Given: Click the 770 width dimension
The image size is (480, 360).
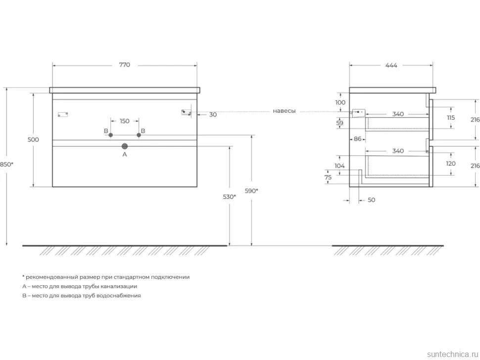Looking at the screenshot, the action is tap(125, 65).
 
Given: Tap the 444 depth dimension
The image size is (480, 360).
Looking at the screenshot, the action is tap(391, 65).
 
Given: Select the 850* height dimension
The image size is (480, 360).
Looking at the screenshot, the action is tap(6, 164).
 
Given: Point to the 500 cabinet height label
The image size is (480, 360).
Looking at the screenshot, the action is tap(33, 139).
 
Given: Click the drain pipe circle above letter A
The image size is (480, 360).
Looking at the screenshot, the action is tap(125, 146).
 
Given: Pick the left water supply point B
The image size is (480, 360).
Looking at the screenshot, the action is tap(111, 135).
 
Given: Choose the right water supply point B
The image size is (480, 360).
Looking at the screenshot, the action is tap(139, 135).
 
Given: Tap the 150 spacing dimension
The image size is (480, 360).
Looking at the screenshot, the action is tap(125, 121).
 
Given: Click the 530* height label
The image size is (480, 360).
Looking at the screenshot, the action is tap(229, 197).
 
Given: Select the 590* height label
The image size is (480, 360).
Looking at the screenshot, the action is tap(251, 191).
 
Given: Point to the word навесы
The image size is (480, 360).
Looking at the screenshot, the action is tap(285, 111).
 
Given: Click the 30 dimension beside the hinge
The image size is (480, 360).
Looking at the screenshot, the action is tap(213, 115).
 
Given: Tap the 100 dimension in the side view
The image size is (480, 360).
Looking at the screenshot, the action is tap(340, 102).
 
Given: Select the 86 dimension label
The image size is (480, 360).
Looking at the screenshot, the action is tap(358, 139).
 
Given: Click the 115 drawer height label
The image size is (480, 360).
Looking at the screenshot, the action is tap(451, 118).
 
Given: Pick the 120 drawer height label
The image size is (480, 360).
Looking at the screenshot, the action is tap(451, 164).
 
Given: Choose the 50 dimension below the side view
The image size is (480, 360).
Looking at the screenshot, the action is tap(371, 200).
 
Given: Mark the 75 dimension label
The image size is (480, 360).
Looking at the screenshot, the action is tap(328, 178).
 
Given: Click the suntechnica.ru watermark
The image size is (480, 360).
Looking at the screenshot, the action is tap(453, 354).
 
